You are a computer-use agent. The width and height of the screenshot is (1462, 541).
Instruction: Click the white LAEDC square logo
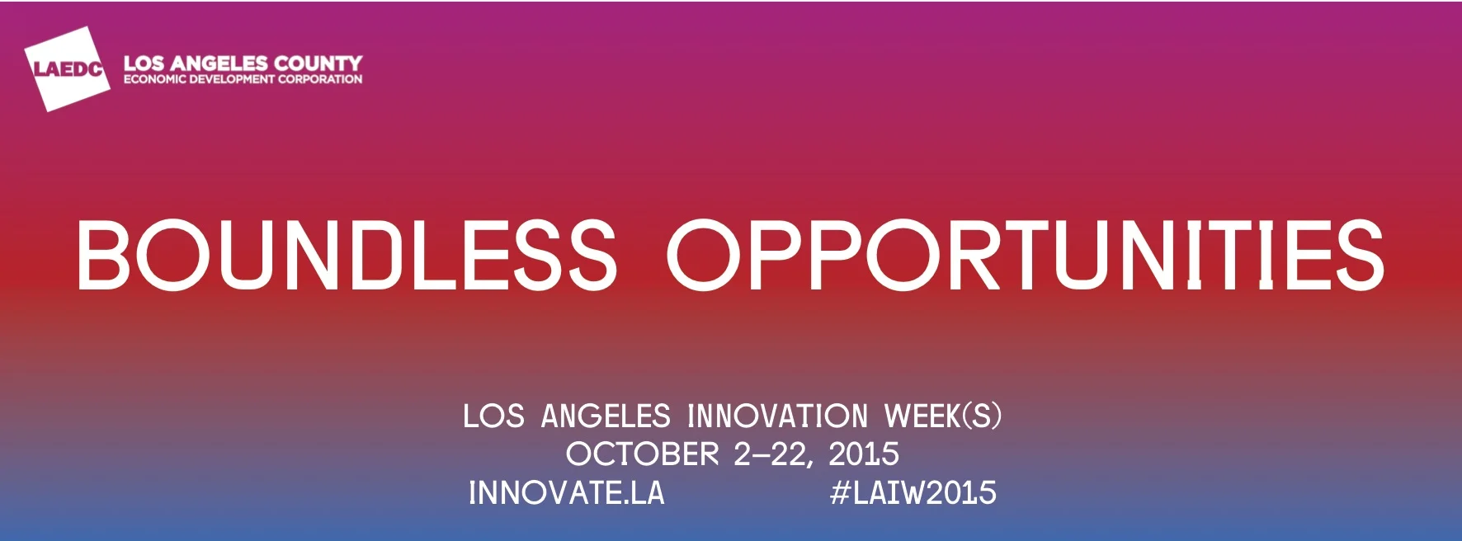pyautogui.click(x=67, y=68)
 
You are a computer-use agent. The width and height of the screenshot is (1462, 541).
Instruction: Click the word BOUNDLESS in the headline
pyautogui.click(x=347, y=256)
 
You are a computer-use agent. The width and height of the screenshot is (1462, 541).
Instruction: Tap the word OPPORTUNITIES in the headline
pyautogui.click(x=1026, y=256)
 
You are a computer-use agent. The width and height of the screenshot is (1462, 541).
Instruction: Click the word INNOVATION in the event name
pyautogui.click(x=777, y=416)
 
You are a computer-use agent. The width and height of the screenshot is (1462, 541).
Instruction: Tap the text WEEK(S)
pyautogui.click(x=943, y=416)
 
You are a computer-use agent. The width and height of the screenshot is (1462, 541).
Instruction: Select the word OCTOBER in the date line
pyautogui.click(x=642, y=454)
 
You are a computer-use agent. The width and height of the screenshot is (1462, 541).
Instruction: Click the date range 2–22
pyautogui.click(x=772, y=454)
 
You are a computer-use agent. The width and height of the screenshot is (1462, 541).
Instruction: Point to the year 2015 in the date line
pyautogui.click(x=864, y=454)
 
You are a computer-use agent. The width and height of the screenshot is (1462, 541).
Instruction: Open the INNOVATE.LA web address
pyautogui.click(x=566, y=493)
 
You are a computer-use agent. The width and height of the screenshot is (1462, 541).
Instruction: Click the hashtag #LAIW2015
pyautogui.click(x=913, y=493)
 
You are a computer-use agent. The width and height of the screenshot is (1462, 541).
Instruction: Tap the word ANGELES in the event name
pyautogui.click(x=606, y=416)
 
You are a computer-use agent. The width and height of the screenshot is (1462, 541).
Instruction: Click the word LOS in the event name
pyautogui.click(x=493, y=416)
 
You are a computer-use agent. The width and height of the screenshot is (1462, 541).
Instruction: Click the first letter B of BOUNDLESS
pyautogui.click(x=102, y=256)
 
